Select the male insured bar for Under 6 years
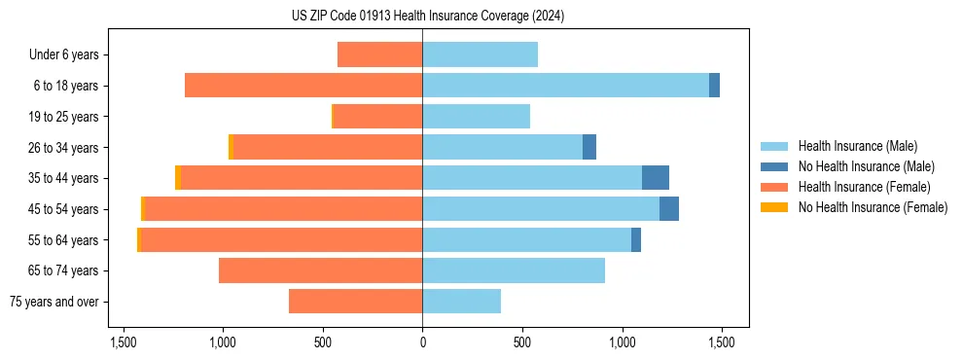(480, 54)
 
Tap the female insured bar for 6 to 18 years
(303, 86)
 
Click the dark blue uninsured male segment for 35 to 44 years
(656, 178)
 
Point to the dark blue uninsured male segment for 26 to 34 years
(589, 147)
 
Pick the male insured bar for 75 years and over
(461, 302)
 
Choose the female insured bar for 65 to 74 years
(320, 270)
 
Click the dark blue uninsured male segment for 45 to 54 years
(669, 209)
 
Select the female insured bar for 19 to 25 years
(377, 117)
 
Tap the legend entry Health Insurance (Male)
(856, 146)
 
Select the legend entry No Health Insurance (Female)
(873, 207)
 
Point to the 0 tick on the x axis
(422, 343)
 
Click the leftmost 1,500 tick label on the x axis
(124, 343)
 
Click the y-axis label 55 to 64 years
(63, 240)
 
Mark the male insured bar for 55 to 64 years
(526, 239)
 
